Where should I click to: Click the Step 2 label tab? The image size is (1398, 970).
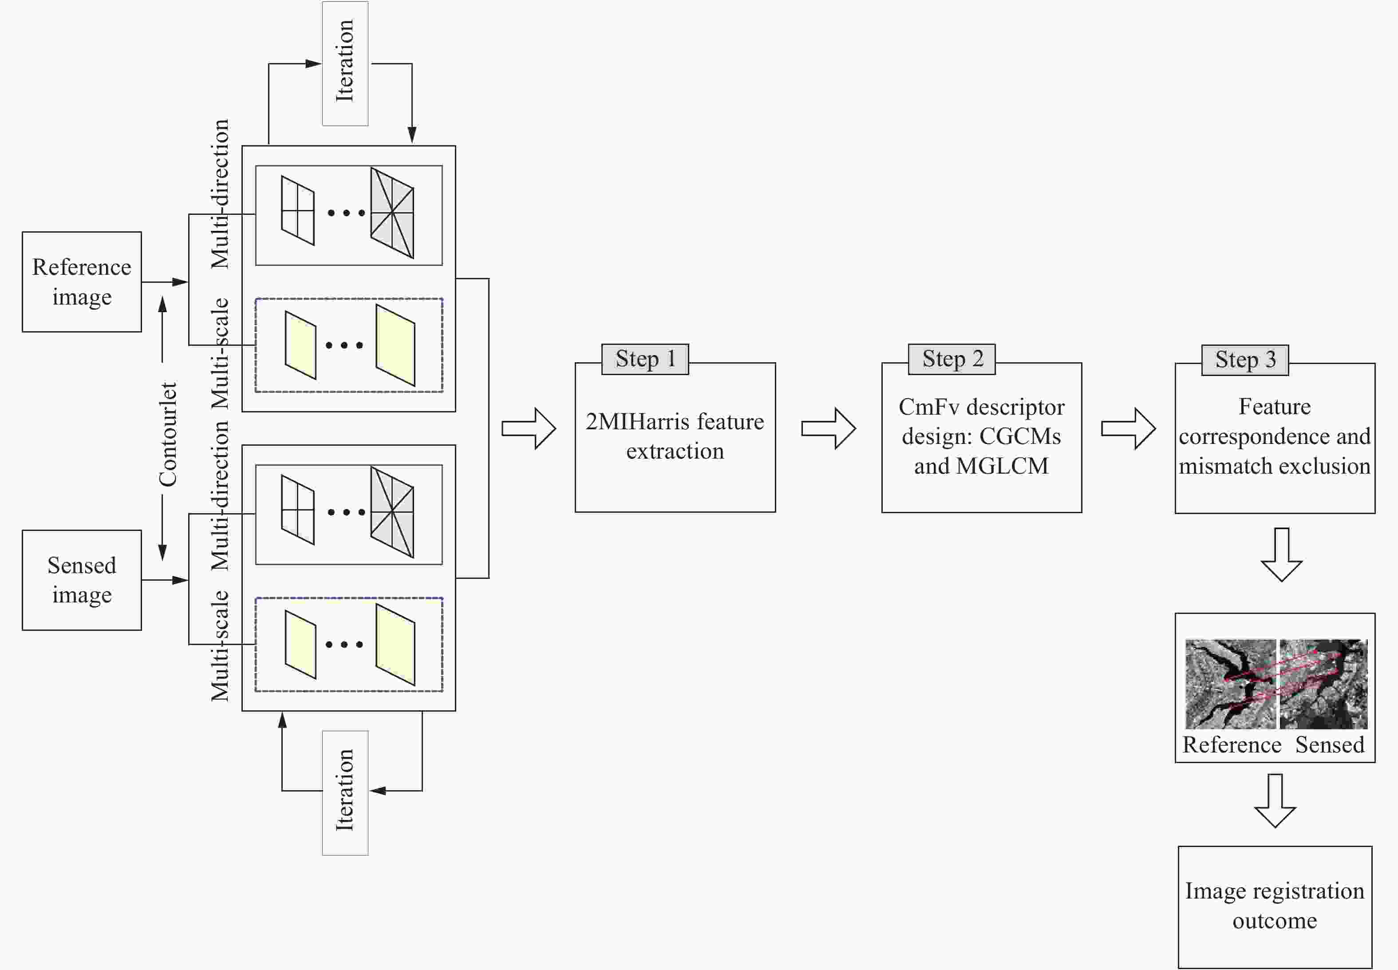coord(952,359)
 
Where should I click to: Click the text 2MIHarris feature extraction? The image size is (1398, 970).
coord(675,436)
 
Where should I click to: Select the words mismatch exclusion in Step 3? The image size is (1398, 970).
coord(1274,466)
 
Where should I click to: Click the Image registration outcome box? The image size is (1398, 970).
coord(1275,906)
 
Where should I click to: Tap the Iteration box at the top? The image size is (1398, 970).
coord(345,63)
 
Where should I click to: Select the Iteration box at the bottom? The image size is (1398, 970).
coord(345,792)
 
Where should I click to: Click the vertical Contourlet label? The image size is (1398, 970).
coord(168,434)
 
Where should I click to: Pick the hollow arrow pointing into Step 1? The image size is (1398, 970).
coord(529,428)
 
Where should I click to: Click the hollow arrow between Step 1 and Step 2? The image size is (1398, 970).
coord(828,428)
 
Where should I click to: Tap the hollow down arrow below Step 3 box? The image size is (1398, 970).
coord(1281,554)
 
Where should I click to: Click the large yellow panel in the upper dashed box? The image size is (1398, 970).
coord(395,345)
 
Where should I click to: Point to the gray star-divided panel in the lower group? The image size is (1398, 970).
coord(392,512)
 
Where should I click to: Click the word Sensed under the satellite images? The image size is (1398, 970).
coord(1329,744)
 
